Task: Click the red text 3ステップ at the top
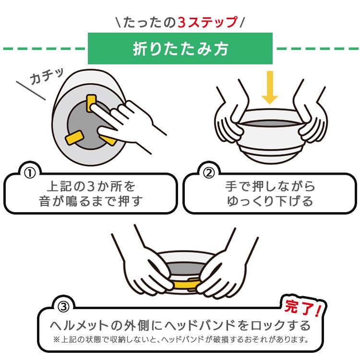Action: (207, 23)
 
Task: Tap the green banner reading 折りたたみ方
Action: (180, 49)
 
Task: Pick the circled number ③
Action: (64, 306)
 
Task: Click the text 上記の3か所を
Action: (91, 185)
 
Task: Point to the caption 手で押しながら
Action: (270, 185)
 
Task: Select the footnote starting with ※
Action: (180, 340)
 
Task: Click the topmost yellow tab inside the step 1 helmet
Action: (91, 102)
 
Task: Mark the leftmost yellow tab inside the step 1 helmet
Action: (74, 138)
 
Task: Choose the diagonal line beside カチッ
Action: (31, 91)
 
